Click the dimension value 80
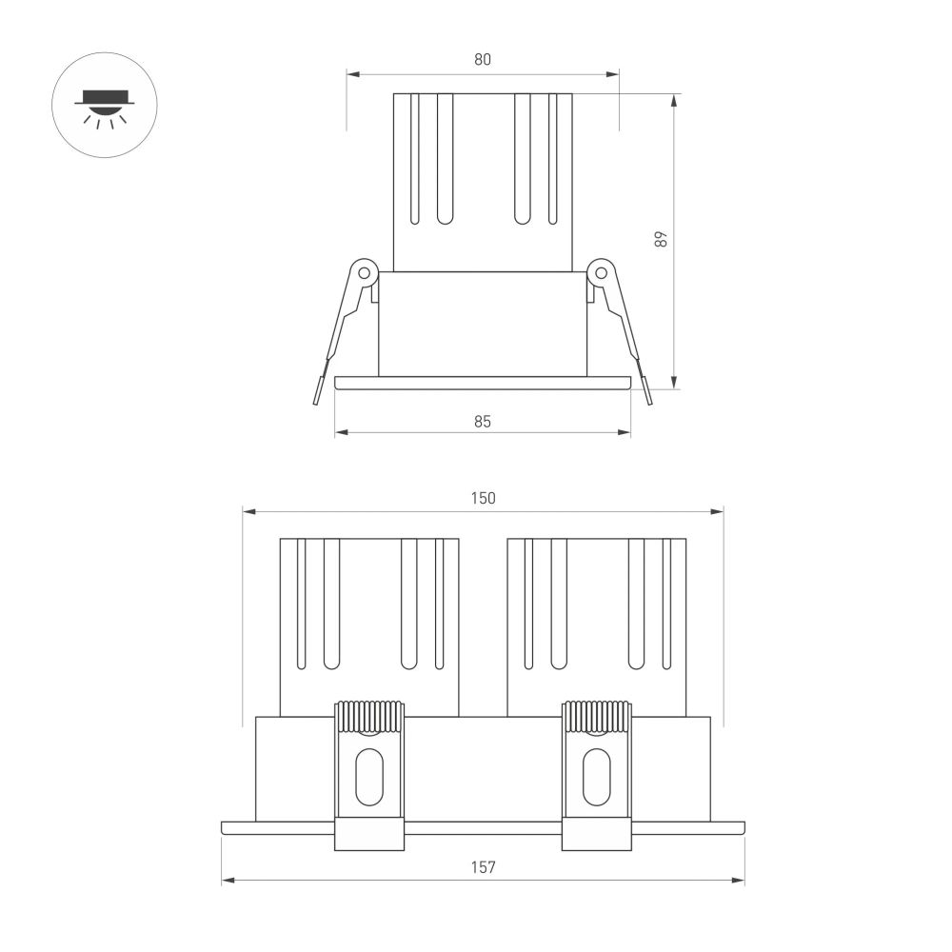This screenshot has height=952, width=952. (483, 59)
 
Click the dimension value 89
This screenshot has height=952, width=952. (662, 239)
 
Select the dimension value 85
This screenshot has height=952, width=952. (483, 421)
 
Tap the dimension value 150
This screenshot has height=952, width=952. (483, 498)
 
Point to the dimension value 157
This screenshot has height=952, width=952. (483, 867)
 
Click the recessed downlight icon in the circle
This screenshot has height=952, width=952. (105, 105)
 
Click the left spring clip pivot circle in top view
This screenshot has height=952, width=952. (364, 272)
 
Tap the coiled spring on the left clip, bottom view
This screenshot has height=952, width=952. (368, 717)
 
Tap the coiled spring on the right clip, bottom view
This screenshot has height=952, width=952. (597, 717)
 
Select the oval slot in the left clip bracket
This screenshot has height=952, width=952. (368, 777)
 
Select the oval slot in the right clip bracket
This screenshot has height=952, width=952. (597, 777)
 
